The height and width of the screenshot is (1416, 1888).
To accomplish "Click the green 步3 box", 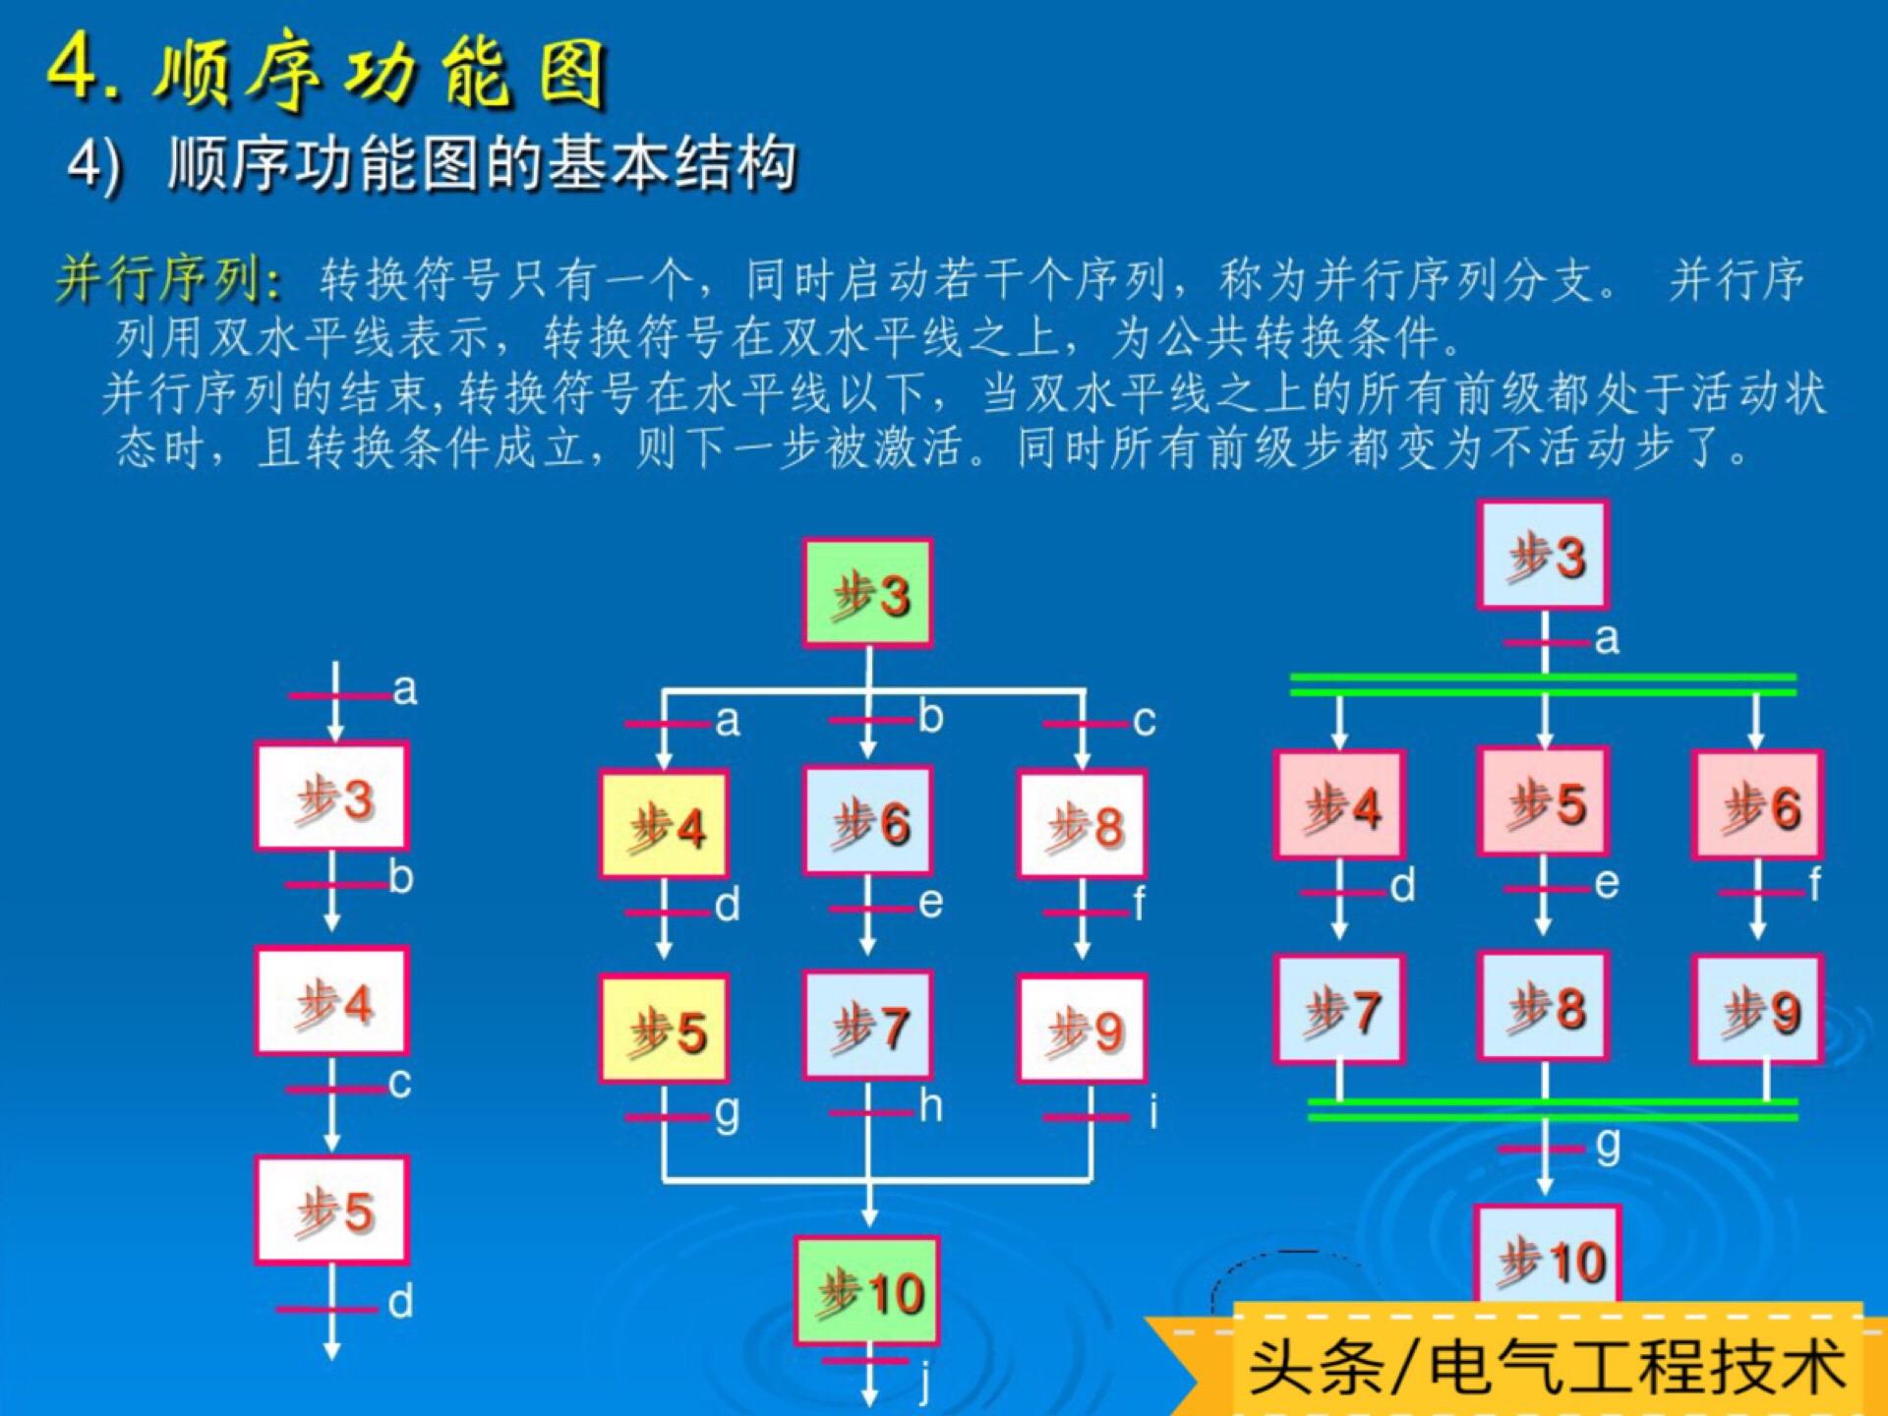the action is point(867,593).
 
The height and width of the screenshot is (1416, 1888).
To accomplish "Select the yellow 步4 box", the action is point(665,824).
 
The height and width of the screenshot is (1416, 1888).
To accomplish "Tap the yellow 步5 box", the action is point(665,1029).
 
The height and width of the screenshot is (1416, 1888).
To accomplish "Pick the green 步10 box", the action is point(867,1291).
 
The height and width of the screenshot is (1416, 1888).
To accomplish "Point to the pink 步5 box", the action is point(1544,801).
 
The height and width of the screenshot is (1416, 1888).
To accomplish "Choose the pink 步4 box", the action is point(1339,804).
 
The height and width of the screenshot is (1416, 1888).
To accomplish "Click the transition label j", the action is point(924,1382).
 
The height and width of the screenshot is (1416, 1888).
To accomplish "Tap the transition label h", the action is point(930,1107).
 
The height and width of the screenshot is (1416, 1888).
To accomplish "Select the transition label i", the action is point(1153,1113).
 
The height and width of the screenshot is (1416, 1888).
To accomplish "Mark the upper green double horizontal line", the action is point(1543,684).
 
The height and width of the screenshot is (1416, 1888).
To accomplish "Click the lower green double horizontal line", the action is point(1553,1109).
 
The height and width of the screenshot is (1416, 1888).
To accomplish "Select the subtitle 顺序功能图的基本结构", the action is point(482,163).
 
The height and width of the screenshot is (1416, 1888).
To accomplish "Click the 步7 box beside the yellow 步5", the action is point(867,1026).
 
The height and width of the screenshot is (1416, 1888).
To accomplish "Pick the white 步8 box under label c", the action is point(1082,824).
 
